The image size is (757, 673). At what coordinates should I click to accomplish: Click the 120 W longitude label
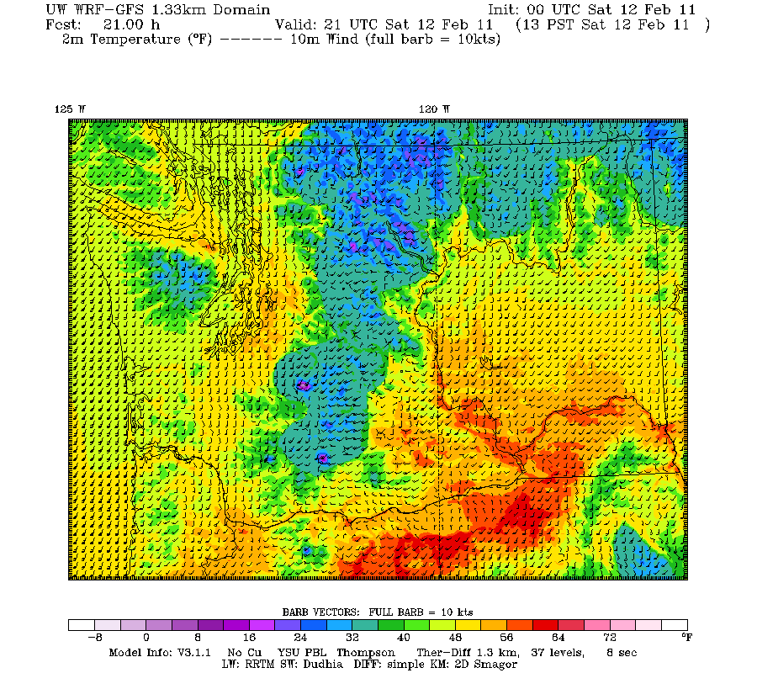(x=434, y=109)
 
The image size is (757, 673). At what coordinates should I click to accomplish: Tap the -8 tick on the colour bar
(x=96, y=639)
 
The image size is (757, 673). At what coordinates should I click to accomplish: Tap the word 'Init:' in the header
(x=506, y=10)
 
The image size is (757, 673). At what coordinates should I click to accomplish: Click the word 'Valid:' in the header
(x=296, y=24)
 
